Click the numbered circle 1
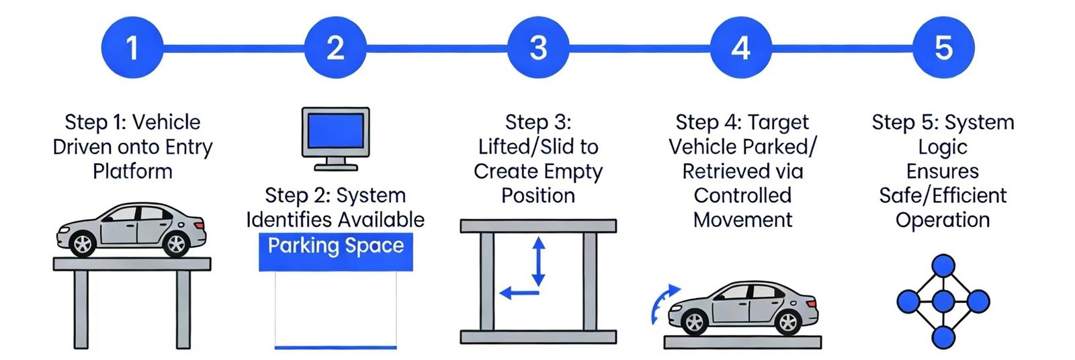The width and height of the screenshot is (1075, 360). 132,48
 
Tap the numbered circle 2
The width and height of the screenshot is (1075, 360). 335,48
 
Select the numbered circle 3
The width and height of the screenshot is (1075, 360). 538,48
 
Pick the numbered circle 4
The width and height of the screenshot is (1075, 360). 741,48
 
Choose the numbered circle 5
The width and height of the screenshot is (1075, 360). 944,48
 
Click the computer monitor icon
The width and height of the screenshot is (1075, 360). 335,138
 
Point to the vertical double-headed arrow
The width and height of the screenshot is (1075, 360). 538,261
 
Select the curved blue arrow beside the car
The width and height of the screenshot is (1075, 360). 662,303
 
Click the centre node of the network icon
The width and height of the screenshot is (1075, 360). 943,301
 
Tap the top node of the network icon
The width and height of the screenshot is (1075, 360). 943,265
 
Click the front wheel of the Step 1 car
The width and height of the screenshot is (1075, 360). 83,244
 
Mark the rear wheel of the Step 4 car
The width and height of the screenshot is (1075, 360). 787,322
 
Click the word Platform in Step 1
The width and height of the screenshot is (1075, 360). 132,171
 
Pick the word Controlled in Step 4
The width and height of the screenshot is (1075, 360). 742,195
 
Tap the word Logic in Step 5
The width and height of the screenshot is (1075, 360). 943,147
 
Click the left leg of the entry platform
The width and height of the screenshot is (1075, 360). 81,309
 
